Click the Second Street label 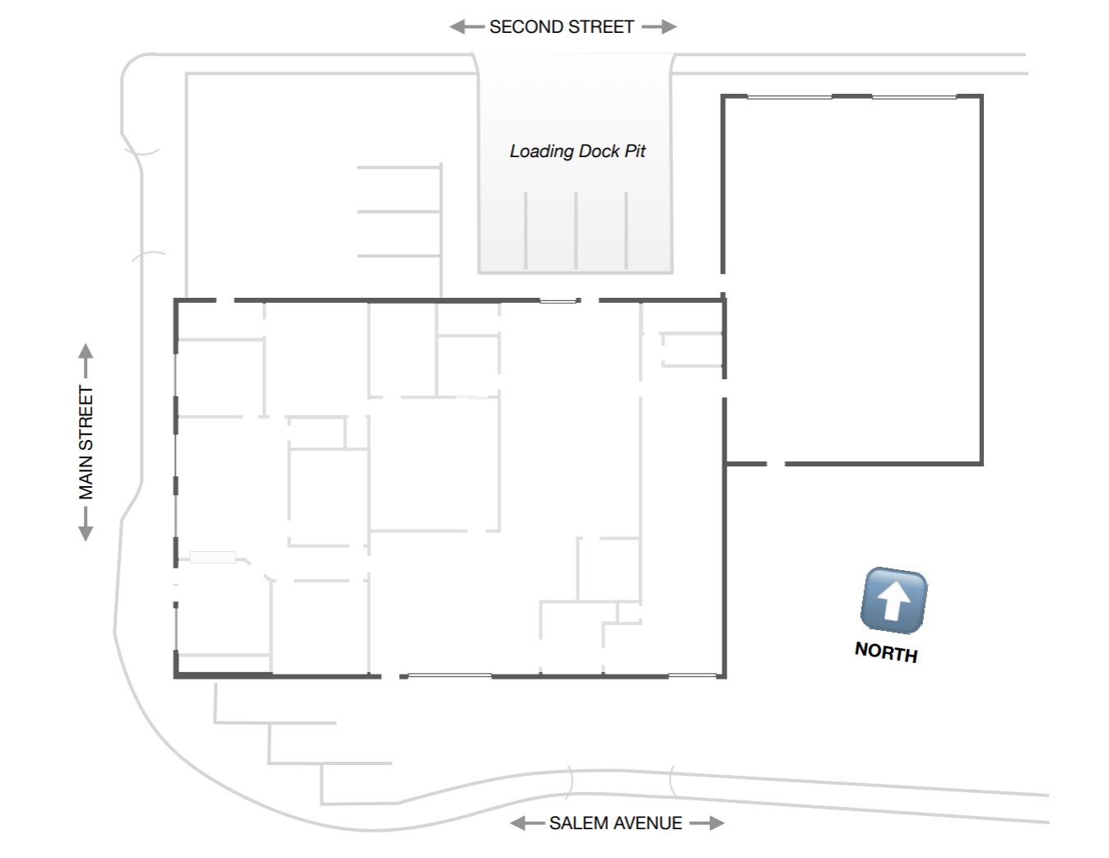coord(561,27)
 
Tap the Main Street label coord(86,443)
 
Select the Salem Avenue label coord(615,823)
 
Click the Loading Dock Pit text coord(578,151)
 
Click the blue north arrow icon coord(893,601)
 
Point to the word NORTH coord(887,652)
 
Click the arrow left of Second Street coord(466,27)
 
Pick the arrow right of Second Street coord(659,27)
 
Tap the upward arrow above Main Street coord(86,360)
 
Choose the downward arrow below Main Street coord(86,524)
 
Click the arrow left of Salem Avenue coord(527,823)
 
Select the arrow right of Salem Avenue coord(707,823)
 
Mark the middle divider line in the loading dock coord(576,230)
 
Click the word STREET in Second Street coord(601,27)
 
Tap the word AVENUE coord(648,823)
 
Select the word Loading coord(541,151)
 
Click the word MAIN coord(86,477)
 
